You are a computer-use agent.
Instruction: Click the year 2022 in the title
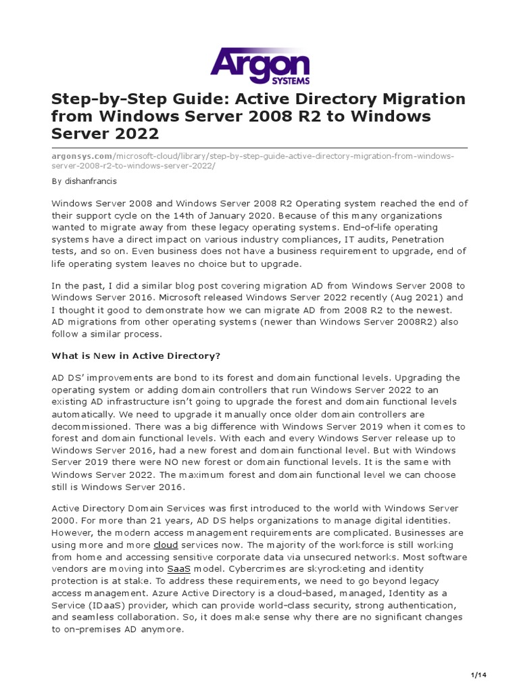pos(137,134)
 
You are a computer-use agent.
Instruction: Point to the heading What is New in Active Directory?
pos(137,355)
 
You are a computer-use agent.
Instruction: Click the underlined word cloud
pos(166,544)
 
